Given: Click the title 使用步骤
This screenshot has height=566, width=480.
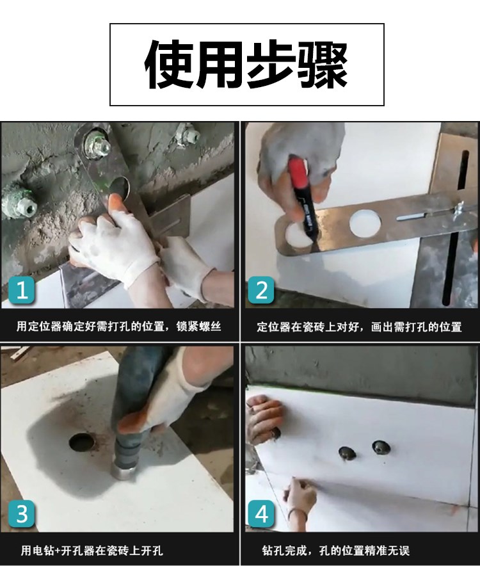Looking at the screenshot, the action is [246, 65].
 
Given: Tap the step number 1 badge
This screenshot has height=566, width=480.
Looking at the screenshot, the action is [22, 290].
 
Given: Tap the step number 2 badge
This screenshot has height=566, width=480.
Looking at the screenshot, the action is [261, 290].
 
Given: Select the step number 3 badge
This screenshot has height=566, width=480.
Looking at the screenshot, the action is [22, 513].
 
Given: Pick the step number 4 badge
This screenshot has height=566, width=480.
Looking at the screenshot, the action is [261, 513].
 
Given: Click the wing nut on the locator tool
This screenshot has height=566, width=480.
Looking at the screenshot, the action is [461, 208].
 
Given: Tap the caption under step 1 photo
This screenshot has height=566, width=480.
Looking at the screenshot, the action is [119, 327].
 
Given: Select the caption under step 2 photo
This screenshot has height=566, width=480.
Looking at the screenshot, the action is [359, 327].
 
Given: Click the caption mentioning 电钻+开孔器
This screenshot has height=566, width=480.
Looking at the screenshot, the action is [92, 551].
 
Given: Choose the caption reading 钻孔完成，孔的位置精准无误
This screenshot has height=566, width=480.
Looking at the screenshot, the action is [335, 551].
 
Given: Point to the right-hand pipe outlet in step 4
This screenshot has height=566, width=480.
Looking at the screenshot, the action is [381, 448].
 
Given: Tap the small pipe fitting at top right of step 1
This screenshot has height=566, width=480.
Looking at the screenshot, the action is [188, 136].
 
